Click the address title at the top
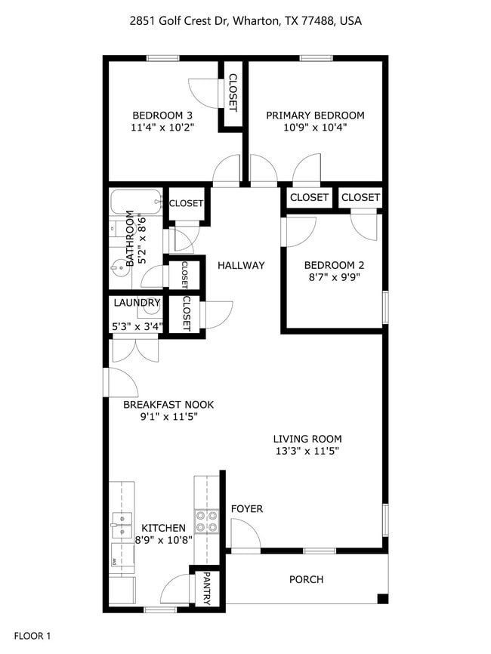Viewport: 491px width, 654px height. click(246, 21)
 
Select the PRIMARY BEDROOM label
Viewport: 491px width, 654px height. click(315, 115)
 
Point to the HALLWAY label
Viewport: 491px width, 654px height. click(241, 265)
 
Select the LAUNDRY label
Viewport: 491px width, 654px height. click(137, 304)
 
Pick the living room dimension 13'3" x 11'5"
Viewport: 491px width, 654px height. click(307, 452)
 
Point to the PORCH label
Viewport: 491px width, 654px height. click(306, 579)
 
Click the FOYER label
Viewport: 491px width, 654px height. click(247, 509)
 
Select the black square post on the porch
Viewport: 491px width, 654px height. click(382, 599)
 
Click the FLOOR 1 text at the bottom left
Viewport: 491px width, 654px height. click(32, 637)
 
